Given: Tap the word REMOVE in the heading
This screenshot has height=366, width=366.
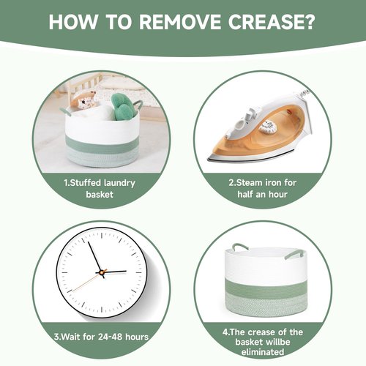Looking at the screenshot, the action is [x=179, y=22].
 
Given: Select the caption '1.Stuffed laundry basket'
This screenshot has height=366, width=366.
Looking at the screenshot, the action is [x=100, y=189].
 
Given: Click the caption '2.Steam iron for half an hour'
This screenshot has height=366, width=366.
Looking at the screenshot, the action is [x=263, y=189].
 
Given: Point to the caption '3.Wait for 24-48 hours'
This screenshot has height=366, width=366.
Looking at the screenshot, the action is [x=101, y=337].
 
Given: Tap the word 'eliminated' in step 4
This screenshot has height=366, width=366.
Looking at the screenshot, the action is [x=263, y=352].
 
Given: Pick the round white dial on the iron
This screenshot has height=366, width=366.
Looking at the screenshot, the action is [x=268, y=127].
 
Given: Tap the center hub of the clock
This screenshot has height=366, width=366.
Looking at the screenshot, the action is [x=102, y=272].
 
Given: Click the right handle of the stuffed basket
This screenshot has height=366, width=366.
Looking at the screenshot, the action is [x=138, y=105].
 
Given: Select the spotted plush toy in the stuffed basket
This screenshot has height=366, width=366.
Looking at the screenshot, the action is [x=83, y=100].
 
